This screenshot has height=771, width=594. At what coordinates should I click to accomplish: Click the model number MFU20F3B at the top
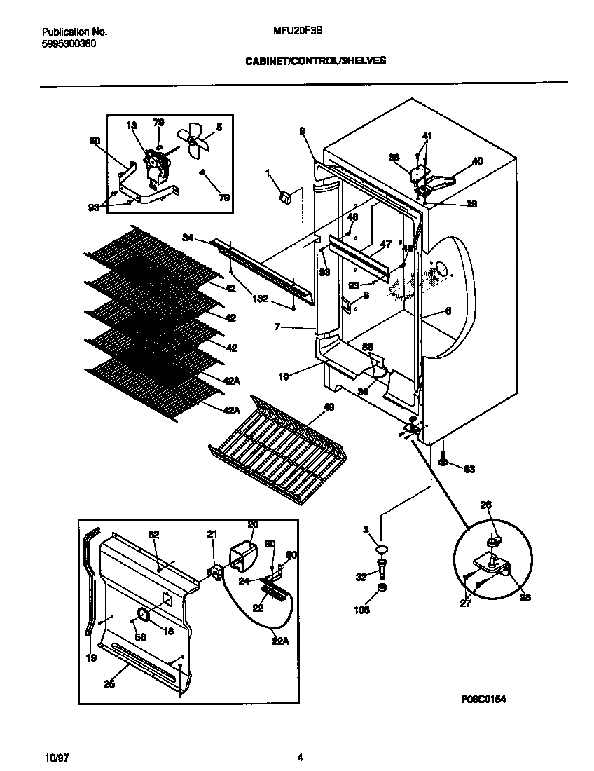(x=292, y=31)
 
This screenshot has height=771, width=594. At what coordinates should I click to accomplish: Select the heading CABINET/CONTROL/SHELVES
(x=315, y=61)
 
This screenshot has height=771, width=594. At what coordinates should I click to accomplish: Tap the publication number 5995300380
(x=69, y=43)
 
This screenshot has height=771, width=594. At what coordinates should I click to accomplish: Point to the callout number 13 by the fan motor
(x=131, y=125)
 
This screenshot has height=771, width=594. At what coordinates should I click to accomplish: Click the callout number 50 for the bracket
(x=95, y=141)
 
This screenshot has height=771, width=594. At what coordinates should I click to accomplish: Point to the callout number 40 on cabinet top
(x=477, y=161)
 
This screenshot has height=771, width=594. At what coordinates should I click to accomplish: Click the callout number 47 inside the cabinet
(x=385, y=245)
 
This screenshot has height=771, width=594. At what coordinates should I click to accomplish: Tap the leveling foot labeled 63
(x=444, y=461)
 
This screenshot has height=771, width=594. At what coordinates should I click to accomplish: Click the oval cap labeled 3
(x=381, y=549)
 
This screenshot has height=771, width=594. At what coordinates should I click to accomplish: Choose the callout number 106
(x=361, y=610)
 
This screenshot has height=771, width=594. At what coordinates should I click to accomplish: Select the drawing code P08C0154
(x=484, y=699)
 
